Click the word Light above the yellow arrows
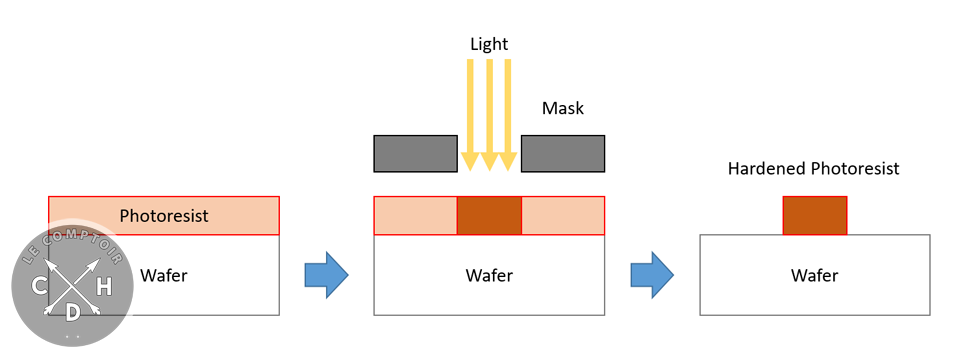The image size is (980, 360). (x=489, y=44)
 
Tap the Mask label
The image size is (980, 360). (x=563, y=108)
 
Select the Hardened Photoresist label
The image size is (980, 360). (x=813, y=169)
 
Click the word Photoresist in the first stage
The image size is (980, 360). (x=164, y=216)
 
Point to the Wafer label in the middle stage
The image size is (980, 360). (x=488, y=275)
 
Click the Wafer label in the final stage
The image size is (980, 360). (x=814, y=275)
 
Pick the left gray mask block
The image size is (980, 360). (x=415, y=153)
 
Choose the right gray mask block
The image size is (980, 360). (x=563, y=153)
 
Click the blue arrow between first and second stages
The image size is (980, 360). (x=325, y=275)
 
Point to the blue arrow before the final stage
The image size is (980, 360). (x=651, y=275)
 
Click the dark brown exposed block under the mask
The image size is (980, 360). (x=489, y=216)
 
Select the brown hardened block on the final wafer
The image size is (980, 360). (x=814, y=216)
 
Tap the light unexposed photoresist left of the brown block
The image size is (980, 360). (x=415, y=216)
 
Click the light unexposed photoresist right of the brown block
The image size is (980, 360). (x=563, y=216)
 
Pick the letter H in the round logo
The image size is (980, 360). (x=103, y=288)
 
